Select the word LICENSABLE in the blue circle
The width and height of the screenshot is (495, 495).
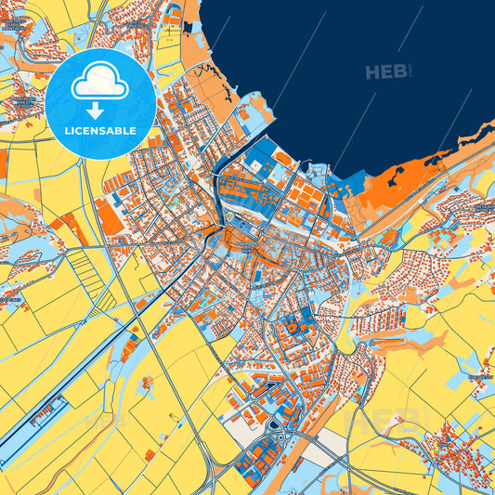point(100,131)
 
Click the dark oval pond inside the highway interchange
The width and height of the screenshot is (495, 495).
point(276,426)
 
